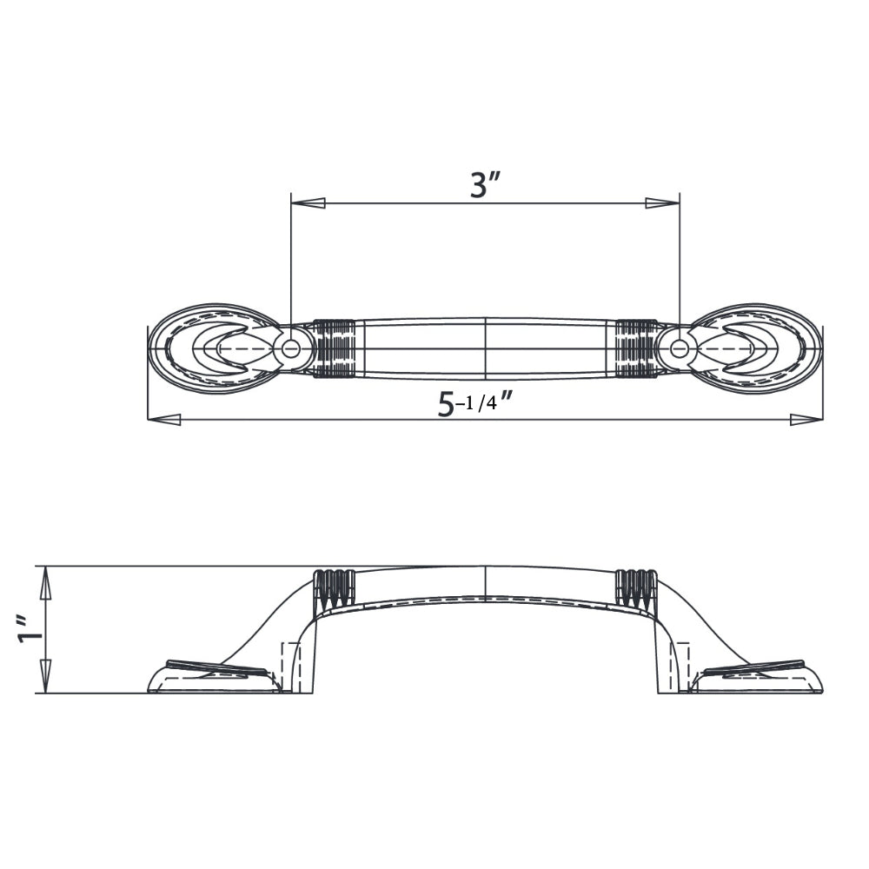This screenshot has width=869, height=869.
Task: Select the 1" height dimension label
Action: click(28, 632)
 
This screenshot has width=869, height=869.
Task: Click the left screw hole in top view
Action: click(291, 349)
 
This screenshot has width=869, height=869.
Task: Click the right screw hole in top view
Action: click(680, 349)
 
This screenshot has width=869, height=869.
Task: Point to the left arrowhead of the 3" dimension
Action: click(308, 203)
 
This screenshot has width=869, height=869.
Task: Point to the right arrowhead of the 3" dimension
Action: click(662, 203)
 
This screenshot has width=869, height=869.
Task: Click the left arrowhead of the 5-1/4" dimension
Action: click(164, 420)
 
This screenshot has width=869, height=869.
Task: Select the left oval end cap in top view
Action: click(209, 348)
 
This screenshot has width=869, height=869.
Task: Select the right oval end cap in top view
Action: click(760, 348)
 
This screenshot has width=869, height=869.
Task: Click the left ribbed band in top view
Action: click(335, 349)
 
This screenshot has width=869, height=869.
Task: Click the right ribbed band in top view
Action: click(636, 349)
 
